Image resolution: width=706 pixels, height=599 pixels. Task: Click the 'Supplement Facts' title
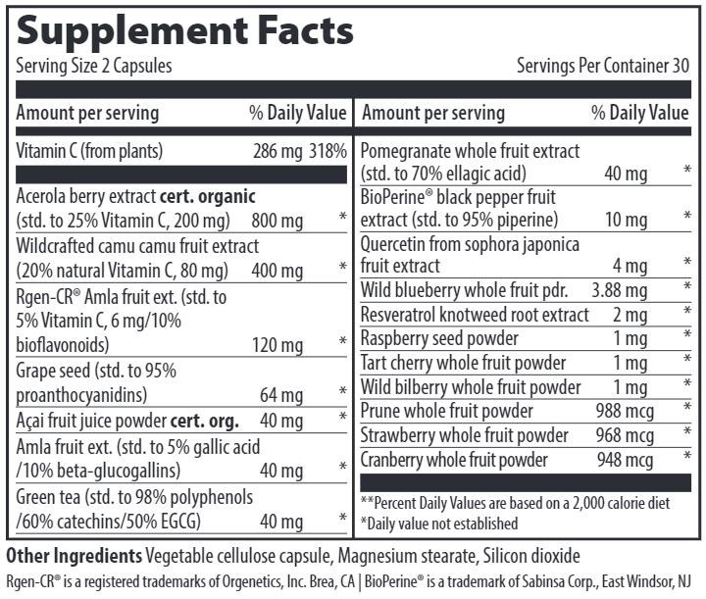[184, 29]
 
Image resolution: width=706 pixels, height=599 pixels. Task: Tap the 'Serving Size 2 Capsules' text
[94, 67]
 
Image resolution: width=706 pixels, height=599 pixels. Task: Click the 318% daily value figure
[328, 152]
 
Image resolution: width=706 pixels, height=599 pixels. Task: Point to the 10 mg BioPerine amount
[626, 220]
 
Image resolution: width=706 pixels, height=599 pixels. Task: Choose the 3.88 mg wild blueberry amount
[620, 290]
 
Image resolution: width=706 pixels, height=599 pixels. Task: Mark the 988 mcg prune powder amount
[625, 411]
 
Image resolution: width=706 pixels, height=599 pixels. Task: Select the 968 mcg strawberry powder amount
[625, 435]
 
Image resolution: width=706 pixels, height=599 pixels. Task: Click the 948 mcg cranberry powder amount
[625, 460]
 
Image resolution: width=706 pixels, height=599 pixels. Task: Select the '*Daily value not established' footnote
[439, 524]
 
